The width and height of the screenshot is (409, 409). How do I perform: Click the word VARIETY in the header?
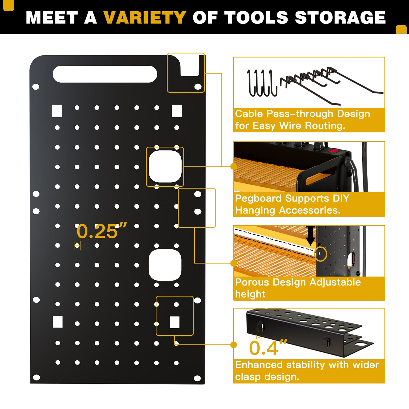pyautogui.click(x=145, y=18)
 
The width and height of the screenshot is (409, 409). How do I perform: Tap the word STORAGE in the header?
pyautogui.click(x=340, y=18)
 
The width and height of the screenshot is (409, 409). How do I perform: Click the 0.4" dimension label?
pyautogui.click(x=268, y=347)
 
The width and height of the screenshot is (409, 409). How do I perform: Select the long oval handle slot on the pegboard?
pyautogui.click(x=105, y=74)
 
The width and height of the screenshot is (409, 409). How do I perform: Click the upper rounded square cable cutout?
pyautogui.click(x=165, y=167)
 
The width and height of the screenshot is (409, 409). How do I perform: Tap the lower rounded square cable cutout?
pyautogui.click(x=165, y=265)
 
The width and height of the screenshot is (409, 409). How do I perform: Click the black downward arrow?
pyautogui.click(x=311, y=236)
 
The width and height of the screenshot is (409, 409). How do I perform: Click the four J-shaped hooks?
pyautogui.click(x=262, y=83)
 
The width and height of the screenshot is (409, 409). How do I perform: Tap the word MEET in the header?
pyautogui.click(x=52, y=18)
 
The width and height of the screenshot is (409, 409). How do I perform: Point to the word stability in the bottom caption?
pyautogui.click(x=305, y=365)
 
